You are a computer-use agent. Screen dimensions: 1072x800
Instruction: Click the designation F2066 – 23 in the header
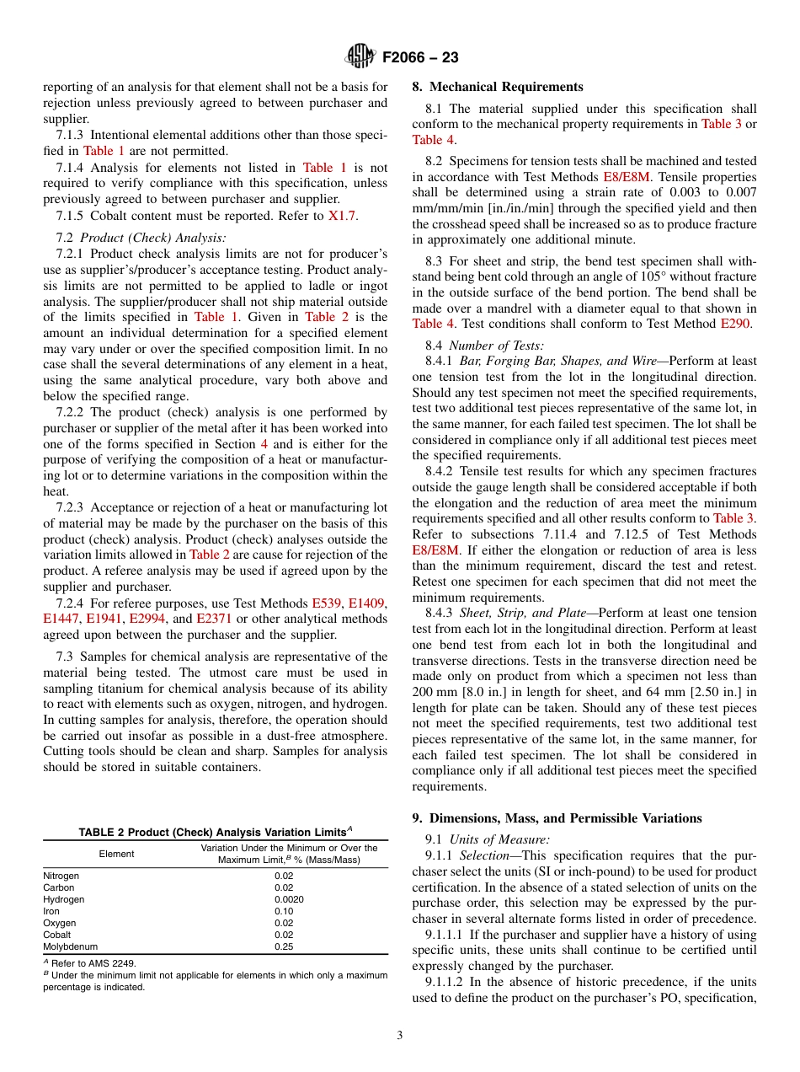click(x=420, y=58)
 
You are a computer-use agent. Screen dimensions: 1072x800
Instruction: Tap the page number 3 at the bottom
click(x=399, y=1036)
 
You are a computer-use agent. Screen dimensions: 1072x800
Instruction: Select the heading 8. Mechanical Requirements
click(x=497, y=87)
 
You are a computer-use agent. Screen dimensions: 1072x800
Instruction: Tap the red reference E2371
click(x=214, y=619)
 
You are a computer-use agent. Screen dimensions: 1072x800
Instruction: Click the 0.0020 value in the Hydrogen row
click(x=284, y=899)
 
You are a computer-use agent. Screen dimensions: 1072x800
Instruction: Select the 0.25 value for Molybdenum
click(x=284, y=946)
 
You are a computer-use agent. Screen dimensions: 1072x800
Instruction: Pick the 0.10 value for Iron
click(x=284, y=911)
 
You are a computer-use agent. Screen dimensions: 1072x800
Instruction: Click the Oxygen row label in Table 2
click(x=60, y=923)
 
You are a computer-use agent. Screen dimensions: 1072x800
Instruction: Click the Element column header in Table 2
click(x=116, y=854)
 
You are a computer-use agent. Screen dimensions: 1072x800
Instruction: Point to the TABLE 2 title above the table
click(x=215, y=833)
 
